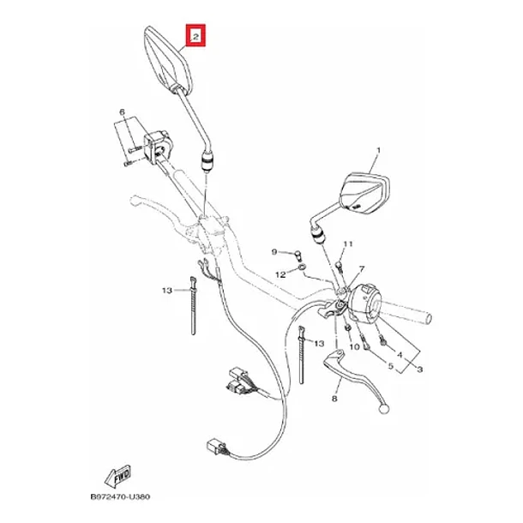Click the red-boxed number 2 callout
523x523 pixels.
tap(195, 35)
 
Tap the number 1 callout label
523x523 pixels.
tap(378, 150)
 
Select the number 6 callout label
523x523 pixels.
tap(122, 112)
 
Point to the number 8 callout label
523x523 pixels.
tap(334, 398)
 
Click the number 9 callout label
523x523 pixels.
tap(274, 252)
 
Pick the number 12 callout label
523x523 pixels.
tap(280, 274)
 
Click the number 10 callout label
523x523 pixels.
tap(354, 347)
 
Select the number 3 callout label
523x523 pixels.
tap(420, 370)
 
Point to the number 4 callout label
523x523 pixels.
tap(400, 355)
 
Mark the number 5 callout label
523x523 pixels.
tap(391, 366)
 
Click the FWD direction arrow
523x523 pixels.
tap(117, 477)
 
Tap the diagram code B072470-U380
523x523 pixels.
tap(120, 496)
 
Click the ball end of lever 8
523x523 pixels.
tap(384, 408)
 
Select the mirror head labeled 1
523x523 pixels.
tap(364, 192)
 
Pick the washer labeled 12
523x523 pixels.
tap(302, 268)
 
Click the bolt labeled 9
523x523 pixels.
tap(298, 255)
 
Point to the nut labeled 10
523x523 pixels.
tap(347, 328)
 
